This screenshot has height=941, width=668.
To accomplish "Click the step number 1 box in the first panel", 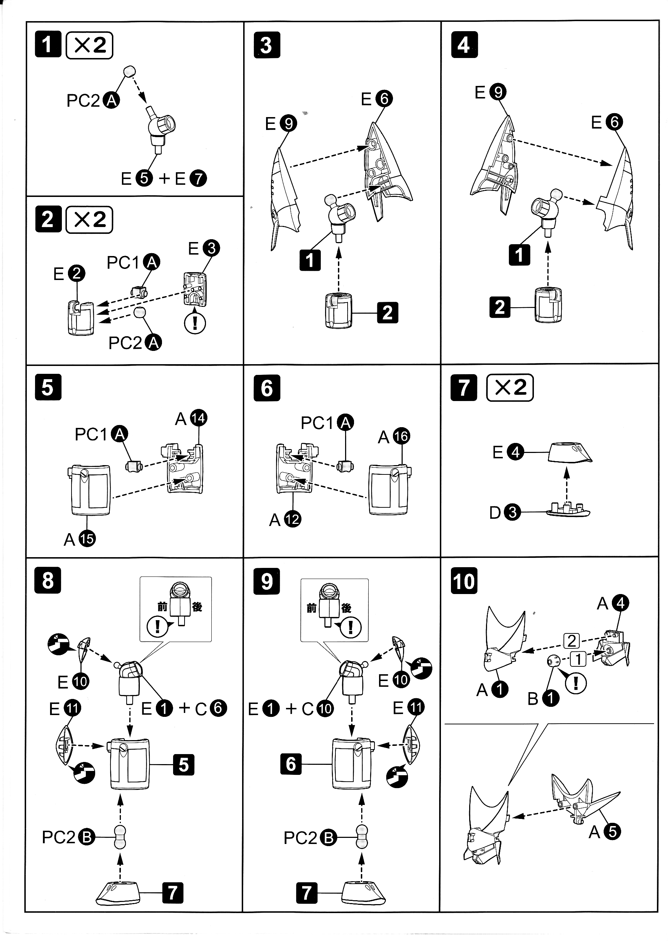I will (48, 44).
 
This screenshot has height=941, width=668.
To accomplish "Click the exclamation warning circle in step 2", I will (195, 323).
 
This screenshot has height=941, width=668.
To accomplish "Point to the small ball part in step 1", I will (129, 71).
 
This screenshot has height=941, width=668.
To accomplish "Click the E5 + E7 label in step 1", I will (164, 178).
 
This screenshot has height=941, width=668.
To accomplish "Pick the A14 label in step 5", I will (191, 419).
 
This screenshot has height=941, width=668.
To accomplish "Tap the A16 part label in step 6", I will (394, 436).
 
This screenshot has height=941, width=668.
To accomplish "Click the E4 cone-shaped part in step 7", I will (570, 453).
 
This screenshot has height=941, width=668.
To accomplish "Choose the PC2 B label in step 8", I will (68, 837).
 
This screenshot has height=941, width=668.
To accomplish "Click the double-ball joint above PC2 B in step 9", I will (362, 837).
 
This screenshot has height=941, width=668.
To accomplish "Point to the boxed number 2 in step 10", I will (571, 641).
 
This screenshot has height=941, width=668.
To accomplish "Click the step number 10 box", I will (464, 581).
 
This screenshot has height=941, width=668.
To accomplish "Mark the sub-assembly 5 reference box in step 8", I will (183, 765).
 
